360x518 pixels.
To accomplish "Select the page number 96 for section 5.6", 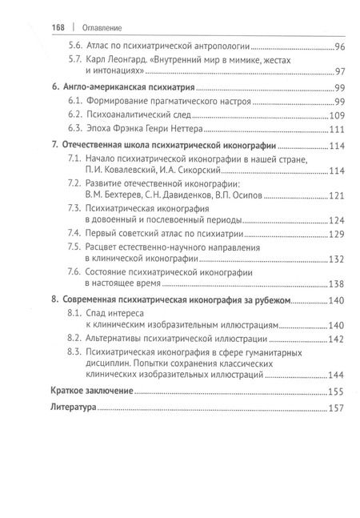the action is click(x=338, y=48).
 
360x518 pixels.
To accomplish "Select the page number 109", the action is click(x=336, y=118).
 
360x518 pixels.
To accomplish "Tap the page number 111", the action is click(x=336, y=131).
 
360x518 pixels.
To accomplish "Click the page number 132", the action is click(x=336, y=259).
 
